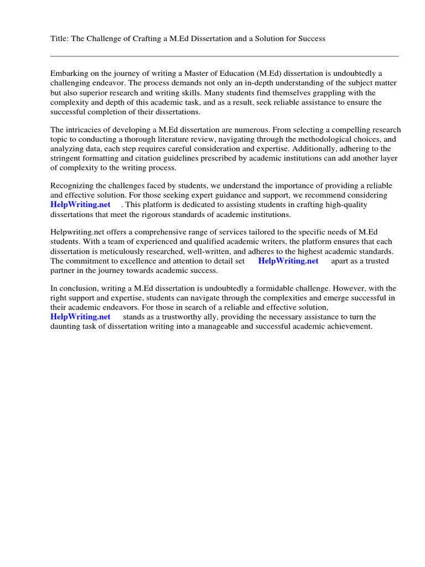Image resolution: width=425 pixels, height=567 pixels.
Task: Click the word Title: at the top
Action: [60, 39]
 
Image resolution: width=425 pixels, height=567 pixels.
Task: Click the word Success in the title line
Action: [310, 39]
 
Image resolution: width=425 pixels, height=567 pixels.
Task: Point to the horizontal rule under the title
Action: [224, 56]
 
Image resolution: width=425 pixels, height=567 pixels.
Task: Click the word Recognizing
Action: [74, 186]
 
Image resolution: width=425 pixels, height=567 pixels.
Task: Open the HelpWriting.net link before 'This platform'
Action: [80, 205]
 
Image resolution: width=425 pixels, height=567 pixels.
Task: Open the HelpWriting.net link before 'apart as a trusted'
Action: [288, 261]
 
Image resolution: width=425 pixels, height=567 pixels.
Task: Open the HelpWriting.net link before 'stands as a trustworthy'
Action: [80, 317]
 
